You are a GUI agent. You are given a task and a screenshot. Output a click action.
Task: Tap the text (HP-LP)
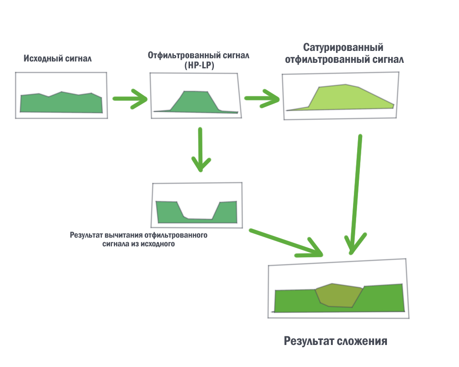(x=199, y=66)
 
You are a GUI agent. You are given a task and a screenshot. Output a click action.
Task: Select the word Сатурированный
(x=343, y=48)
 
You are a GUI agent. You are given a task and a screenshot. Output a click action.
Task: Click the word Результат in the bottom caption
(x=308, y=341)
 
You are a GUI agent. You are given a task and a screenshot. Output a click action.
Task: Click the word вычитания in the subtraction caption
(x=123, y=235)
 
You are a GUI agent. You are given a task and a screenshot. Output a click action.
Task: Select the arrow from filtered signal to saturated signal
(x=262, y=98)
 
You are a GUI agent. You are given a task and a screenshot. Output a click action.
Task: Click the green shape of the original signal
(x=61, y=103)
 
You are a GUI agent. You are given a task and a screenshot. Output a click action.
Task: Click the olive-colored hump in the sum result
(x=340, y=296)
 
